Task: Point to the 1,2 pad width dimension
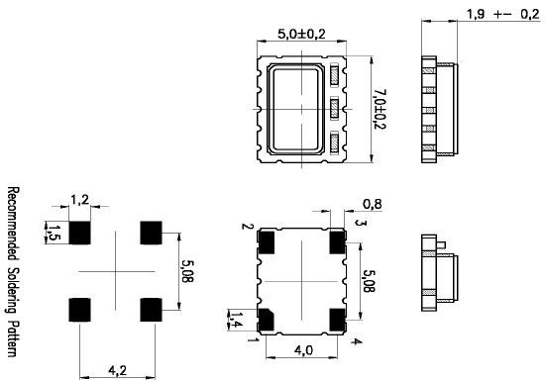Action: click(x=80, y=200)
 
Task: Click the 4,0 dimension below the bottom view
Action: click(x=302, y=349)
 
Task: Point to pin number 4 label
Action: click(x=356, y=341)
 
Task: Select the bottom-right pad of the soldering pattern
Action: click(x=152, y=308)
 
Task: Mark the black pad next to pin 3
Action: click(x=337, y=238)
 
